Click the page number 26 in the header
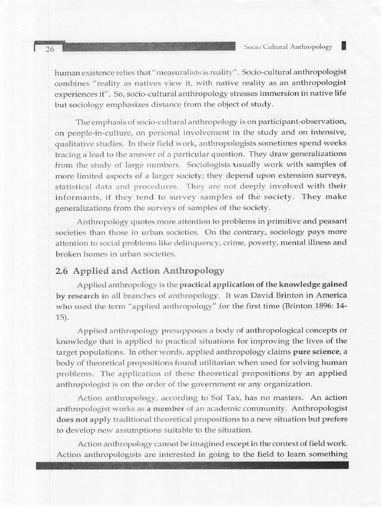[x=49, y=49]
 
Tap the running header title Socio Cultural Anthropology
[x=288, y=47]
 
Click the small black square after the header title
[x=344, y=46]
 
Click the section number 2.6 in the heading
[x=63, y=271]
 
